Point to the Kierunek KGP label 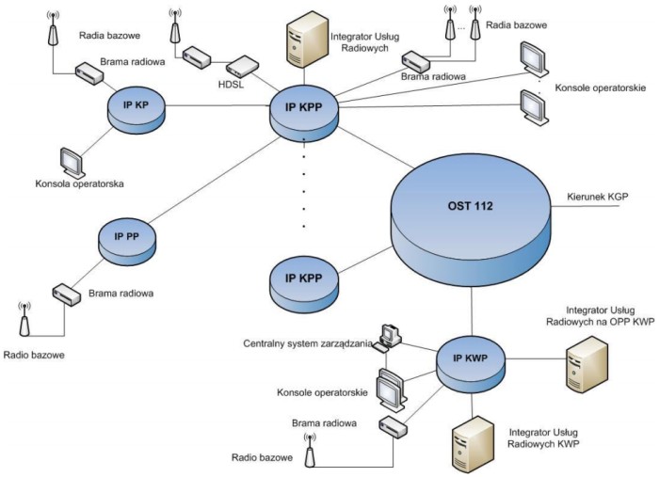tap(597, 197)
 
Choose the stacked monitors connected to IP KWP tap(389, 387)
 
